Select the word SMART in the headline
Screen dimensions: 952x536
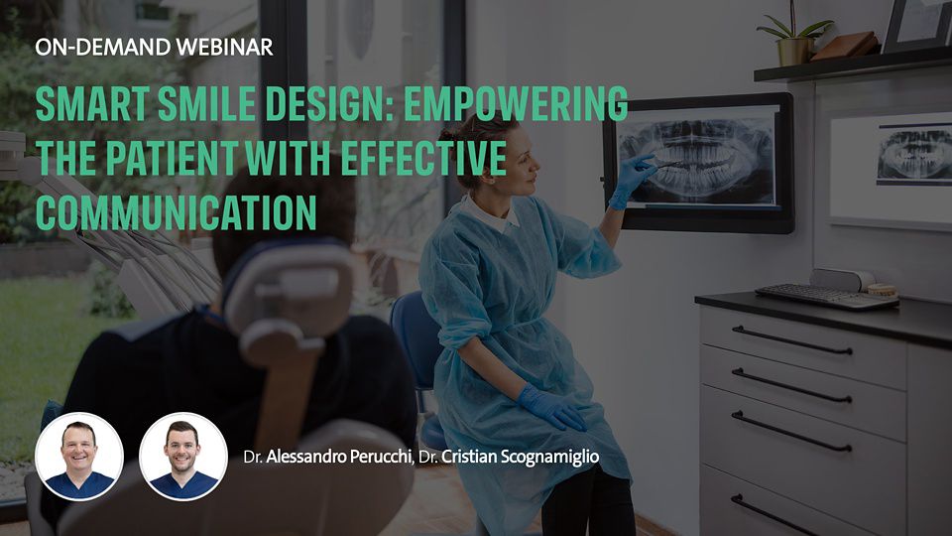pos(91,104)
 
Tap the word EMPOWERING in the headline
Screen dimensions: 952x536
pos(516,104)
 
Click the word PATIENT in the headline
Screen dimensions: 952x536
pos(173,158)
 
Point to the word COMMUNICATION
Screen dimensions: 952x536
pos(177,212)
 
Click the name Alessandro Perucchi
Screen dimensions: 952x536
pos(339,457)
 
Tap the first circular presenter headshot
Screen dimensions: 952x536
pos(79,457)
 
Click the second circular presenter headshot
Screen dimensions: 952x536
pos(182,457)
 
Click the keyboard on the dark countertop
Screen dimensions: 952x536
pos(826,297)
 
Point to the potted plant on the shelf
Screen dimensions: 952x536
pos(793,37)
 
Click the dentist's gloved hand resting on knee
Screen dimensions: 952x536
pos(551,407)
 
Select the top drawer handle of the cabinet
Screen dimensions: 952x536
pos(791,340)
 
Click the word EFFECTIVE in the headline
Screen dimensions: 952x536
pos(423,158)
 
